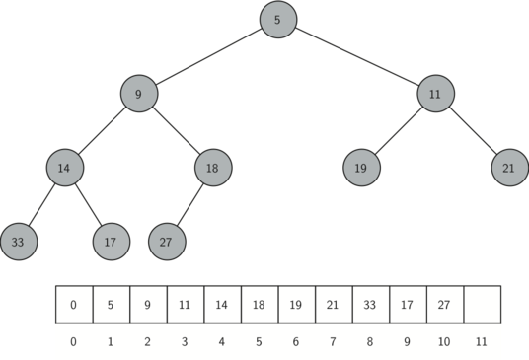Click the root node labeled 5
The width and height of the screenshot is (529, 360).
point(277,20)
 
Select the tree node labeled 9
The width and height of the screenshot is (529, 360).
point(139,94)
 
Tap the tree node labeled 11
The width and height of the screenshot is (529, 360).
point(435,94)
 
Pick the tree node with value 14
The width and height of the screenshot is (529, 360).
point(64,168)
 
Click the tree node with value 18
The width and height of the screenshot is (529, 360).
point(212,168)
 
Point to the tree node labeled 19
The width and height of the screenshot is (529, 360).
point(361,168)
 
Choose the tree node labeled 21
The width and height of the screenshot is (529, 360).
point(508,168)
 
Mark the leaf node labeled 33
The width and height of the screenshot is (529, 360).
point(19,241)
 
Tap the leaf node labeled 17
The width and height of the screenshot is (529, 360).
point(111,241)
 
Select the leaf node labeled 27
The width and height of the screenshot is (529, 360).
point(167,241)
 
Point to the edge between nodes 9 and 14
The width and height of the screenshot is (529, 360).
point(102,130)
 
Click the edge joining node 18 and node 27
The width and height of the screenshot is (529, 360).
point(189,204)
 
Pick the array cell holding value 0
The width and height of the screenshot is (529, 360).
point(74,305)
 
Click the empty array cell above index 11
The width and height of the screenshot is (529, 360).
point(482,305)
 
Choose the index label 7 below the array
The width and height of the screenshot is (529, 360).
point(334,341)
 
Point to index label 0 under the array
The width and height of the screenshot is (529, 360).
point(74,341)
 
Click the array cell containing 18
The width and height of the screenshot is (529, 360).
point(260,305)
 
